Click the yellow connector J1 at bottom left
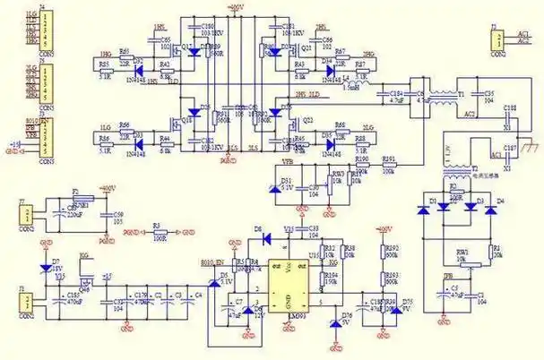click(x=29, y=299)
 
